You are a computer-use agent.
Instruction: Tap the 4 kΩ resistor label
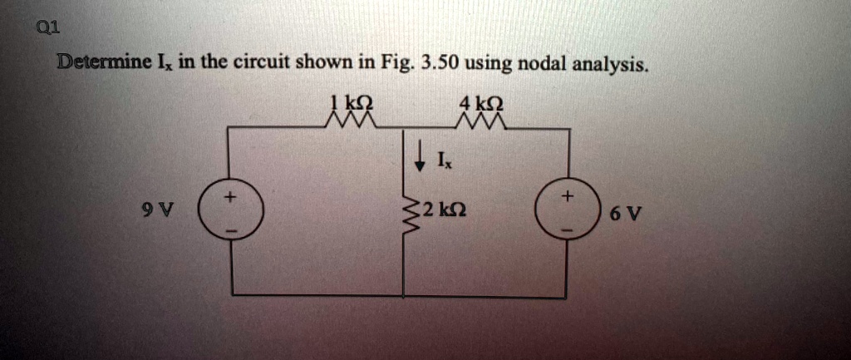pyautogui.click(x=480, y=105)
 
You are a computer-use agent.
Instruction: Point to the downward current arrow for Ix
pyautogui.click(x=421, y=152)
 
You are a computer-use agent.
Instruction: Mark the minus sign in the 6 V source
pyautogui.click(x=568, y=228)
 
